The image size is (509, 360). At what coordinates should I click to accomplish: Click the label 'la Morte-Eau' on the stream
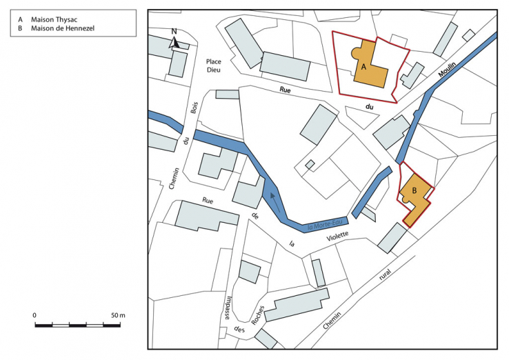pos(324,223)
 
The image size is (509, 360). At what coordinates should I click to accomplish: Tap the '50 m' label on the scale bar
pos(118,315)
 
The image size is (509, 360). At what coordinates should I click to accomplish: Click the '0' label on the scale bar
pos(35,315)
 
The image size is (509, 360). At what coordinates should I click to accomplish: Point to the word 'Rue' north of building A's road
pos(284,90)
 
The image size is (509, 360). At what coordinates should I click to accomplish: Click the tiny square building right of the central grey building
pos(310,164)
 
